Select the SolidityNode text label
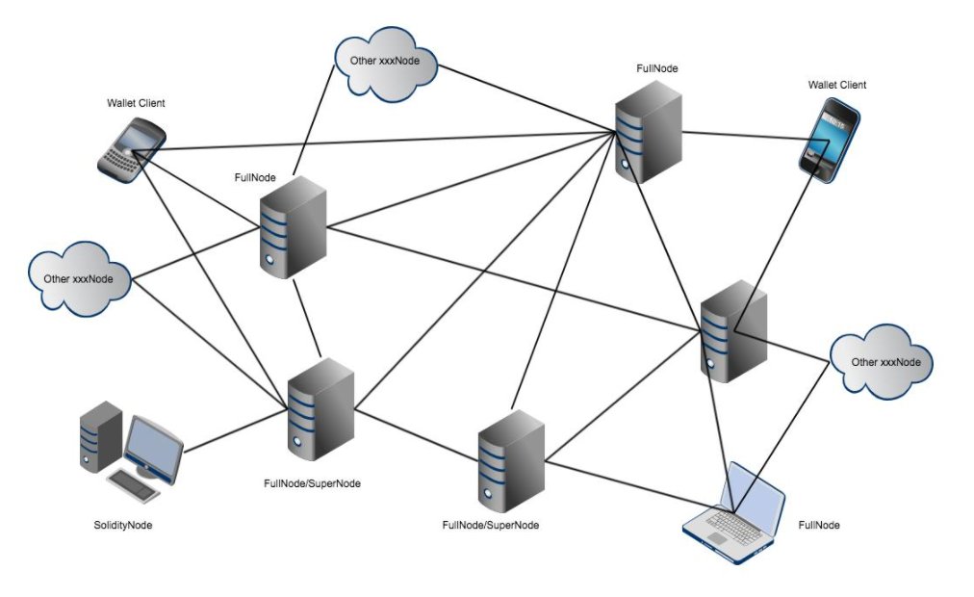click(x=123, y=525)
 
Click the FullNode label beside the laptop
click(x=819, y=525)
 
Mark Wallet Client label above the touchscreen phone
click(x=836, y=85)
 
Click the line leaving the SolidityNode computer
click(x=237, y=432)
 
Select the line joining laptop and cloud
click(x=782, y=433)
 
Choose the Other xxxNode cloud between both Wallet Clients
click(x=384, y=64)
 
